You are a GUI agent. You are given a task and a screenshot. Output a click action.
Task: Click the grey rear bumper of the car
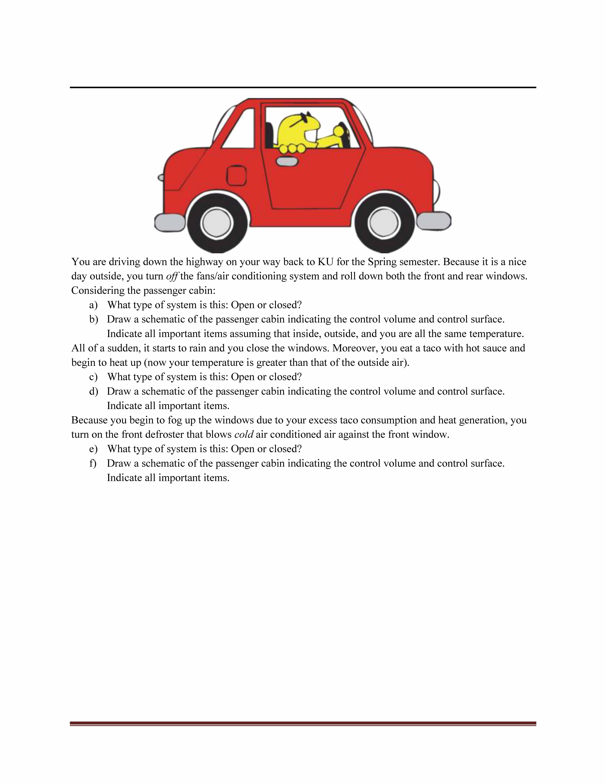pyautogui.click(x=169, y=223)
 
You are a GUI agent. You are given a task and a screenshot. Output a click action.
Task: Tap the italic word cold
pyautogui.click(x=244, y=434)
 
